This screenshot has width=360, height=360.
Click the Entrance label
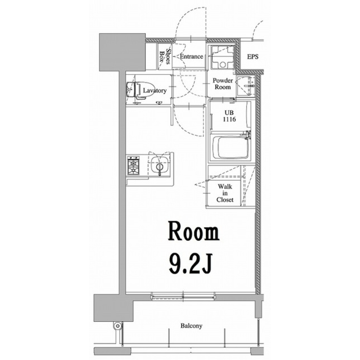(x=192, y=57)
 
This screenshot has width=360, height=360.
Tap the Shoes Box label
(x=165, y=56)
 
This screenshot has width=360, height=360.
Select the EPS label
(x=253, y=57)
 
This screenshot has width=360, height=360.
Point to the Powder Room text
(x=223, y=84)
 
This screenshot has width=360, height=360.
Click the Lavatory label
(x=155, y=90)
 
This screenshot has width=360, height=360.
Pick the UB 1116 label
(x=230, y=116)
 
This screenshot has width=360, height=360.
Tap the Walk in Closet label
(x=225, y=193)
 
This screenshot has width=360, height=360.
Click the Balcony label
(x=191, y=326)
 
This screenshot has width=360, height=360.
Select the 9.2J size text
(x=190, y=264)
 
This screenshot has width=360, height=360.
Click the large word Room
(x=194, y=231)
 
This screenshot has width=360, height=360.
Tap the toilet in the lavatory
(x=137, y=90)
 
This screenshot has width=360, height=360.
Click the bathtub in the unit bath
(x=230, y=147)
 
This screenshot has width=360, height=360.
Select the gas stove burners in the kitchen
(x=134, y=165)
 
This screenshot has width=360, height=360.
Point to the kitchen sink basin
(x=160, y=165)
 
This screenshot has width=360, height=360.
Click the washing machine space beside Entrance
(x=222, y=57)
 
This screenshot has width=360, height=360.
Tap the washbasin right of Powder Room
(x=246, y=86)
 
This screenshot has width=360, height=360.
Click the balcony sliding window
(x=183, y=296)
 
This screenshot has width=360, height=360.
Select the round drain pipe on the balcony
(x=118, y=326)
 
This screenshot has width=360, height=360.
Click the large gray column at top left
(x=122, y=52)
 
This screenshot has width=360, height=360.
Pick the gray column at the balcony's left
(x=113, y=308)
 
